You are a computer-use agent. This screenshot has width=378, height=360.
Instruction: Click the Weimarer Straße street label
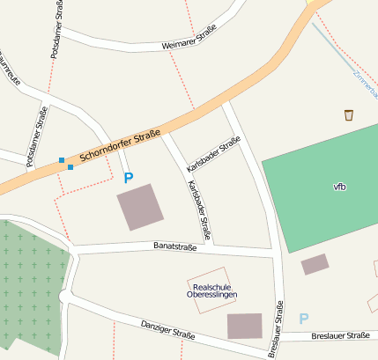click(x=189, y=40)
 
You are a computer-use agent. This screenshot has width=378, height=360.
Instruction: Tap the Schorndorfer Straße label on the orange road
click(x=119, y=146)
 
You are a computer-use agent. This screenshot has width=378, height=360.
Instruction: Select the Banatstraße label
click(x=174, y=246)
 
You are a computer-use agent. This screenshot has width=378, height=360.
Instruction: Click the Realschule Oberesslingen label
click(x=211, y=290)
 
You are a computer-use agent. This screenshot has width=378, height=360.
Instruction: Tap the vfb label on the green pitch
click(x=339, y=187)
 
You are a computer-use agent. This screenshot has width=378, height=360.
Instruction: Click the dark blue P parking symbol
click(x=129, y=178)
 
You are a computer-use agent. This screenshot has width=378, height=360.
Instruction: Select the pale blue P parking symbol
click(x=304, y=319)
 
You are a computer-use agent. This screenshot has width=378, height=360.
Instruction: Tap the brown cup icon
click(x=349, y=114)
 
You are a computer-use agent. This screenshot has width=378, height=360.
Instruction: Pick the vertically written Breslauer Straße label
click(x=275, y=329)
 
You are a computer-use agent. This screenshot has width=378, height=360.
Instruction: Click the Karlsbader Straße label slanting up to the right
click(x=213, y=154)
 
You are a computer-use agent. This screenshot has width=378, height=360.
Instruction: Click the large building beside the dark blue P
click(x=140, y=207)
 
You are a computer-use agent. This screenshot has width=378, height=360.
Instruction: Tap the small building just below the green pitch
click(x=315, y=264)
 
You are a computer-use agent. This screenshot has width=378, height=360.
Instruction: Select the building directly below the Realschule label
click(x=244, y=326)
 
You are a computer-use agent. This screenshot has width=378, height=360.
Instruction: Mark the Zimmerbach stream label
click(x=363, y=84)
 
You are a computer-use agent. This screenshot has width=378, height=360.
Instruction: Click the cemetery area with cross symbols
click(x=31, y=282)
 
